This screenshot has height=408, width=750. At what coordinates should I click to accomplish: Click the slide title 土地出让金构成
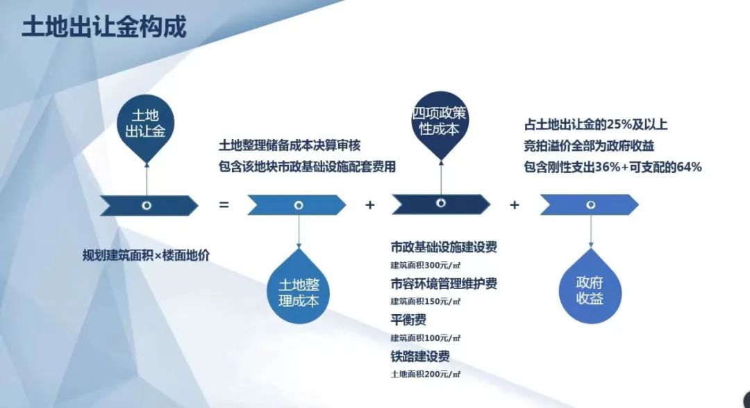coord(104,27)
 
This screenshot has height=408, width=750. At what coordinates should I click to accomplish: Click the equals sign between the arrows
coord(224,205)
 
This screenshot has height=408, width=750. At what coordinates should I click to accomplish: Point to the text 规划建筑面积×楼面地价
coord(146,256)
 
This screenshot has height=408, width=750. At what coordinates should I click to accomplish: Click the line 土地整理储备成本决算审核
coord(290,145)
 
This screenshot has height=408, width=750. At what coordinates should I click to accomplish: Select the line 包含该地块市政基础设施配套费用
coord(307,167)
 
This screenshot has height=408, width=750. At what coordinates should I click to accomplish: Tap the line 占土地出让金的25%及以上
coord(596,124)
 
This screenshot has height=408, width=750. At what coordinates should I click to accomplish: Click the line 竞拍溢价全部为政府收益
coord(589,145)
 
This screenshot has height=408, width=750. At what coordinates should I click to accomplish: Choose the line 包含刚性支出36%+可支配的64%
coord(612,167)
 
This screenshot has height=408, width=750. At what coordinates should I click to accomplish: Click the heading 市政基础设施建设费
coord(444,247)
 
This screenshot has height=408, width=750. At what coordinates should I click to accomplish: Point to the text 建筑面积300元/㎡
coord(425,266)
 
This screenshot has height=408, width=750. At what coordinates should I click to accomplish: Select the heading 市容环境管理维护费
coord(444,284)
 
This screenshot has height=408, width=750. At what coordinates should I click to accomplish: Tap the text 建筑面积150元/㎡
coord(425,302)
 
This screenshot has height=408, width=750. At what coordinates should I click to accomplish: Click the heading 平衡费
coord(408,320)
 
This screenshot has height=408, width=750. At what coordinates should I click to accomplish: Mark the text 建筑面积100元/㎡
coord(425,338)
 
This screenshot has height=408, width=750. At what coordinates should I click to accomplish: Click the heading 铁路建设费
coord(420,357)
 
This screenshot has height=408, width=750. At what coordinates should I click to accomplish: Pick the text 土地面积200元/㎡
coord(425,375)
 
